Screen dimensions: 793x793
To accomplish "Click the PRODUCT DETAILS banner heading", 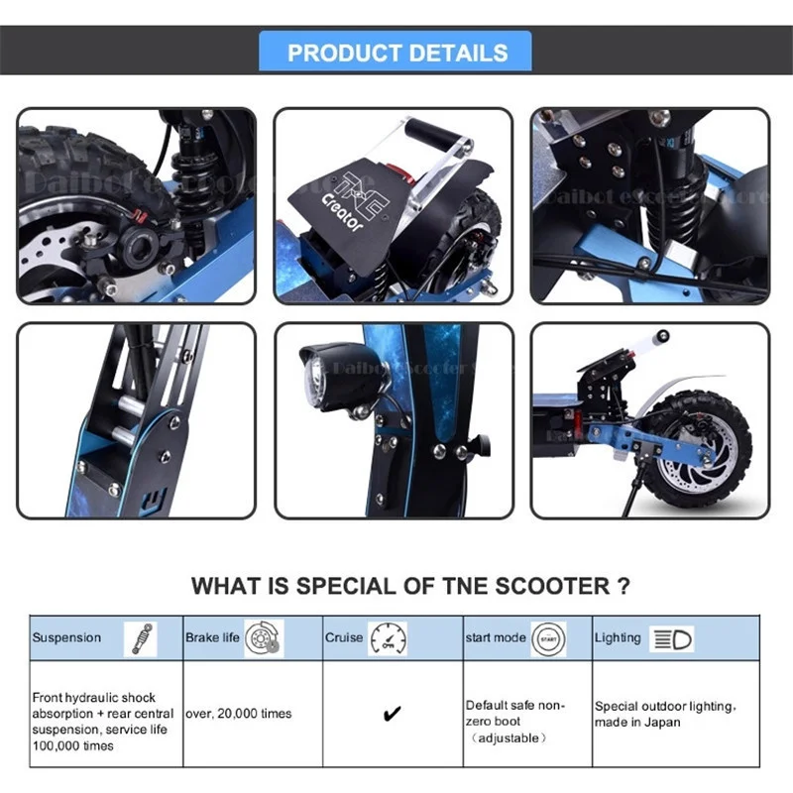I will (396, 53).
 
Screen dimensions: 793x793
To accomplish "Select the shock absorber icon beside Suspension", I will (140, 638).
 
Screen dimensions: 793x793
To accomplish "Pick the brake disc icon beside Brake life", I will (263, 638).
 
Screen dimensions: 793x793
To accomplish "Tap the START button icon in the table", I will (547, 638).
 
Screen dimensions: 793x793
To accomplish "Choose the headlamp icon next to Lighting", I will (672, 638).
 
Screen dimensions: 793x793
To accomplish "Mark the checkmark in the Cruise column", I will (393, 714).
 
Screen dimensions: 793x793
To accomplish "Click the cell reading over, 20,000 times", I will (238, 714).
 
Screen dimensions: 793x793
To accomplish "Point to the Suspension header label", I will (66, 638).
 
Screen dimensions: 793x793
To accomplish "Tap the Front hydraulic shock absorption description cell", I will (101, 721).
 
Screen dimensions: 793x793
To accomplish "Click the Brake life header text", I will (212, 638).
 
